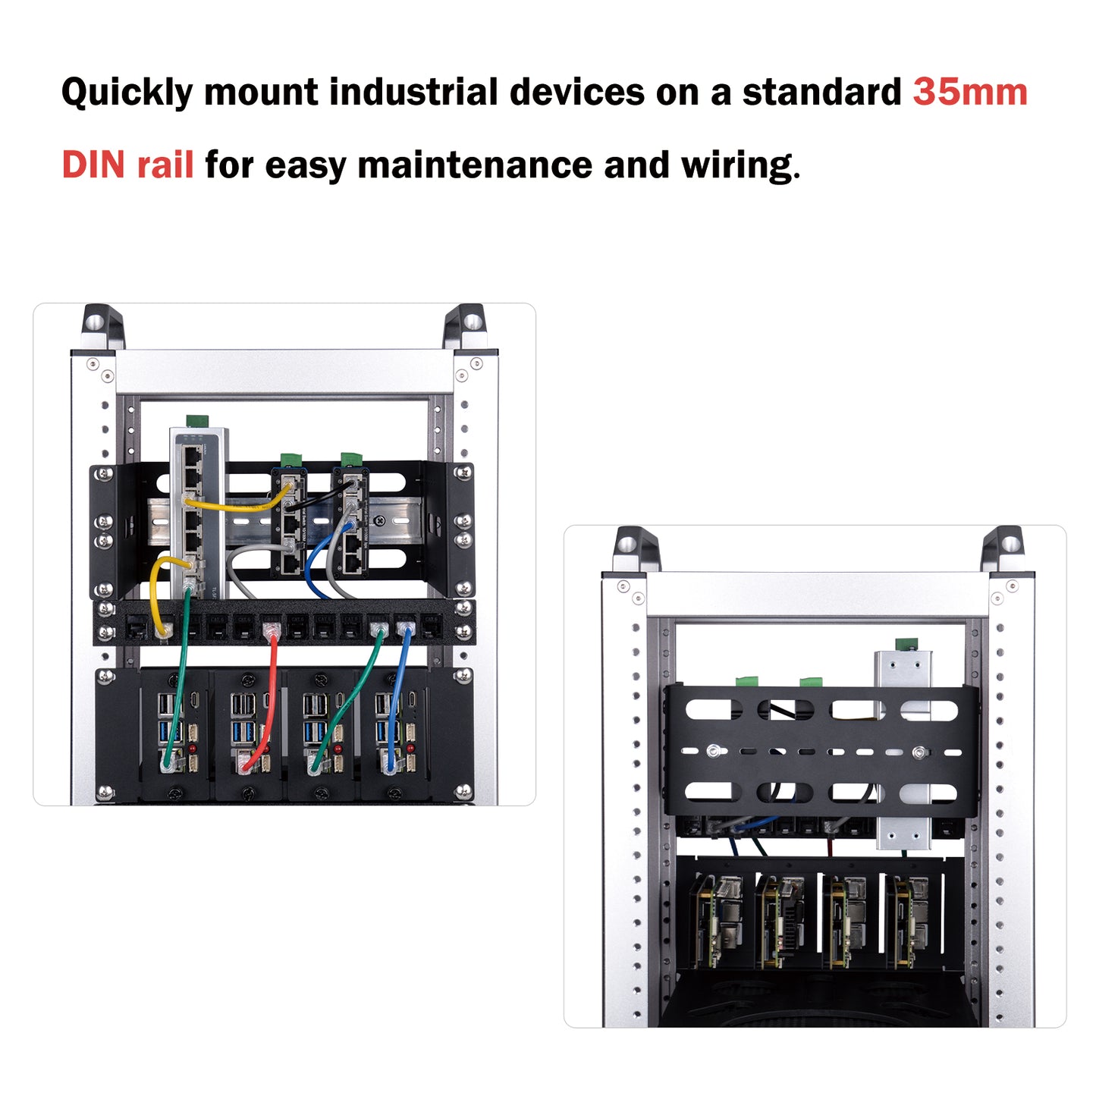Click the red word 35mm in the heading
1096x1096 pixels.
point(969,92)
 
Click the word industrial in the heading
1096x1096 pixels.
point(413,92)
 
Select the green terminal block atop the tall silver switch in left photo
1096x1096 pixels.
point(197,420)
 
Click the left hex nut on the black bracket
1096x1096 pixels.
point(713,751)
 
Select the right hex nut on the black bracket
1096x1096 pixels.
point(919,752)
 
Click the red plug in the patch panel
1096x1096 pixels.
point(271,629)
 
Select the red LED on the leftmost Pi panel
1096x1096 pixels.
point(193,748)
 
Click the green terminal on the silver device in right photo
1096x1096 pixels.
point(905,645)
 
